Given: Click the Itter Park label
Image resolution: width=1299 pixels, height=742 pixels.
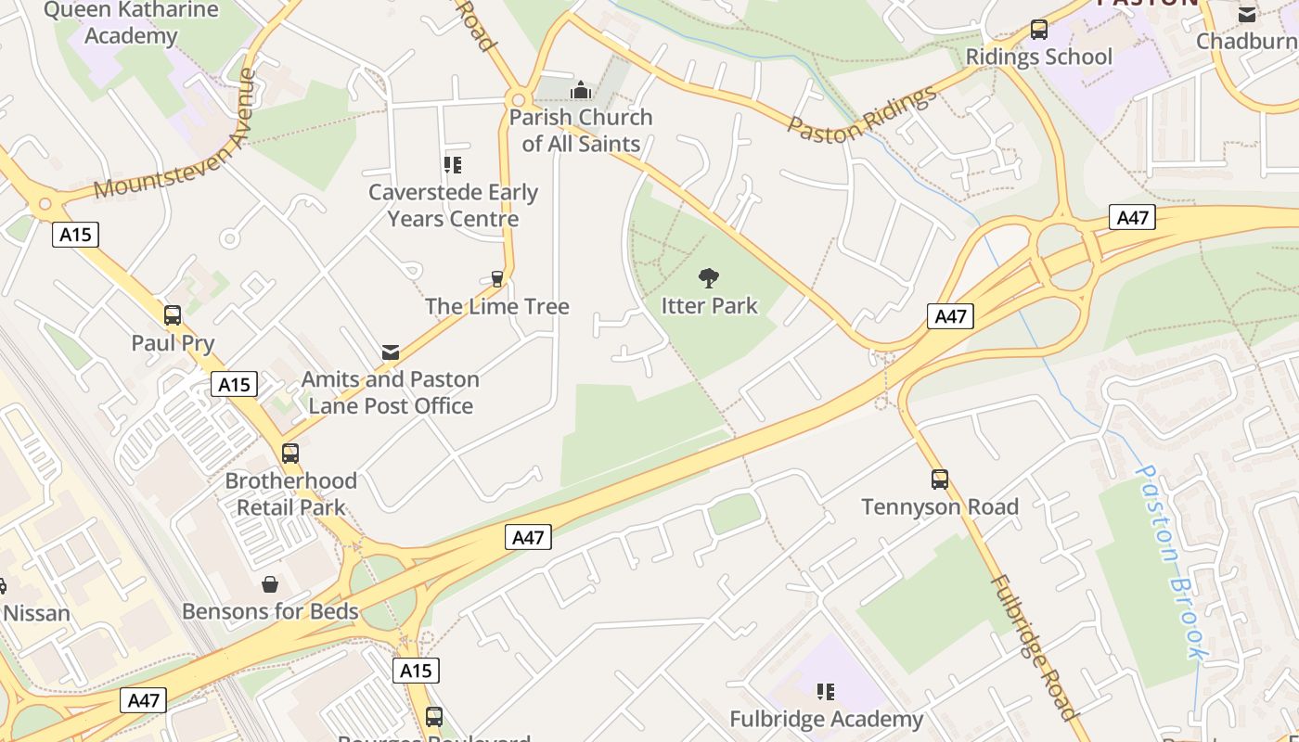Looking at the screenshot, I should pyautogui.click(x=709, y=305).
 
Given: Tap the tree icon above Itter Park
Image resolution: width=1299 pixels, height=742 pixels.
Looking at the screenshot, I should pyautogui.click(x=709, y=277).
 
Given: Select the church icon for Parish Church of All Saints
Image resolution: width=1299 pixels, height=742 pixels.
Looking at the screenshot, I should pyautogui.click(x=581, y=90).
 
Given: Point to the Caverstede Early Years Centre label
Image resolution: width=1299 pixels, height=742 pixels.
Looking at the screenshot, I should pyautogui.click(x=453, y=205).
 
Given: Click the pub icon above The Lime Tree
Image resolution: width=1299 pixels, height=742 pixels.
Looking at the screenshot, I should pyautogui.click(x=496, y=278).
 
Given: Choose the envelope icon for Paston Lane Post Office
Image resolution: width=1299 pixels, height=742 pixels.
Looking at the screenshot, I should pyautogui.click(x=391, y=352).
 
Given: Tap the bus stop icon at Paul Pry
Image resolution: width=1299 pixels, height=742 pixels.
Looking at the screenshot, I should pyautogui.click(x=173, y=315).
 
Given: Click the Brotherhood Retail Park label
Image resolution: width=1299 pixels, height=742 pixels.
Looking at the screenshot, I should pyautogui.click(x=290, y=493).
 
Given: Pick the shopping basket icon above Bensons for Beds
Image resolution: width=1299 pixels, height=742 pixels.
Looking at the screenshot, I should pyautogui.click(x=270, y=584).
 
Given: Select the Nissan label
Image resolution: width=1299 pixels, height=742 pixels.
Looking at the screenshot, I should pyautogui.click(x=36, y=613).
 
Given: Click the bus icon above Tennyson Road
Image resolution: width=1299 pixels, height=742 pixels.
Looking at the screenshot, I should pyautogui.click(x=940, y=480).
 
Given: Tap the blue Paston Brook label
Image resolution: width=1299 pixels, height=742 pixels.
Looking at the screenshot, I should pyautogui.click(x=1173, y=561).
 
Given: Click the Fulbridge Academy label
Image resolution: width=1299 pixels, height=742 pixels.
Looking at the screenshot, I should pyautogui.click(x=826, y=719).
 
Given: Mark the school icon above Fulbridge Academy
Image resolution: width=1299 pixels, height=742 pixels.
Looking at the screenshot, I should pyautogui.click(x=825, y=691).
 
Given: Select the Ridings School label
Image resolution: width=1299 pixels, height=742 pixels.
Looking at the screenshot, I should pyautogui.click(x=1038, y=57).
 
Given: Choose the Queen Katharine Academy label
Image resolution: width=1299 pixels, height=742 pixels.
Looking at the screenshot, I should pyautogui.click(x=131, y=23).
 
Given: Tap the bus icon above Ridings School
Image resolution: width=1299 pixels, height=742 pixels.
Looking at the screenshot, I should pyautogui.click(x=1038, y=30).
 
